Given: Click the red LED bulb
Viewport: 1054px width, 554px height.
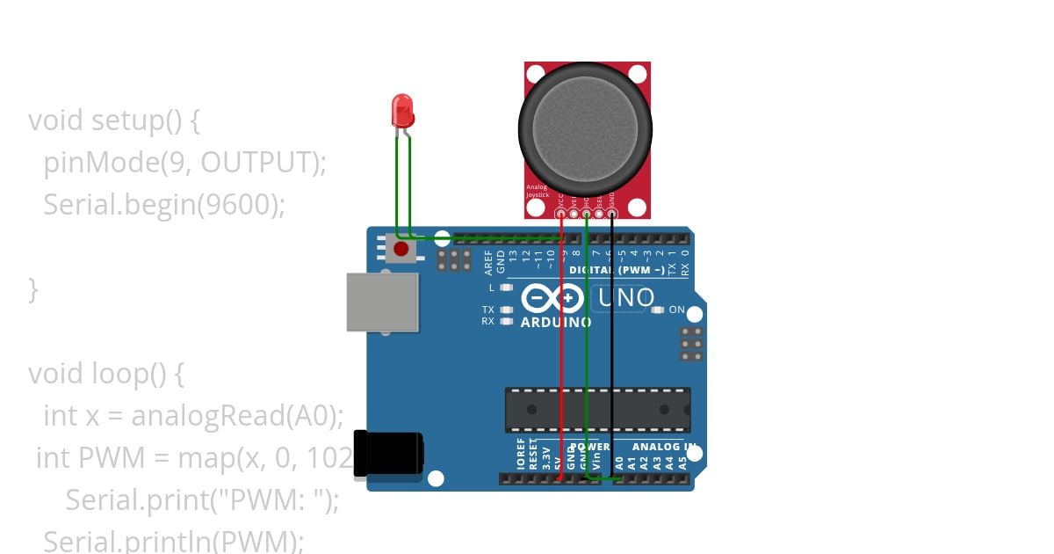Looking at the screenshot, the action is click(x=402, y=111).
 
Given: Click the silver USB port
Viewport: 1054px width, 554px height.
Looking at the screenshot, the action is click(x=381, y=302).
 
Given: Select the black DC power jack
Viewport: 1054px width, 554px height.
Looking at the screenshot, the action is click(x=387, y=454).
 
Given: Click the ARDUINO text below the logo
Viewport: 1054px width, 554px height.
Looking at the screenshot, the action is click(x=556, y=322).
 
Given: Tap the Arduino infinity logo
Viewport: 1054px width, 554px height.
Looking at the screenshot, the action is click(x=552, y=299).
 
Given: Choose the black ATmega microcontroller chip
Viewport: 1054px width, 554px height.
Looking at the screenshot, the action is click(x=597, y=410).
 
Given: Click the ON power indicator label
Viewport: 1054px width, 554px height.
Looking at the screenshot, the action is click(x=677, y=310).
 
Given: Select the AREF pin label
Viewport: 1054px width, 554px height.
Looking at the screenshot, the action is click(x=488, y=262).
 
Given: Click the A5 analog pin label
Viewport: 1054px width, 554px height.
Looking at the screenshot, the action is click(x=682, y=460).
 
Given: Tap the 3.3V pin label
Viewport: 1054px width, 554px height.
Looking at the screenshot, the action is click(x=546, y=457).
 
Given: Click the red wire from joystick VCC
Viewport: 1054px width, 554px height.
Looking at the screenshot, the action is click(x=562, y=352).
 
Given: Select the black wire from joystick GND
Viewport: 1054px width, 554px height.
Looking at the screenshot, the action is click(x=612, y=352).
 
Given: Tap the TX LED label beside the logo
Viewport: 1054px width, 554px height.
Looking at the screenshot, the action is click(x=488, y=310).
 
